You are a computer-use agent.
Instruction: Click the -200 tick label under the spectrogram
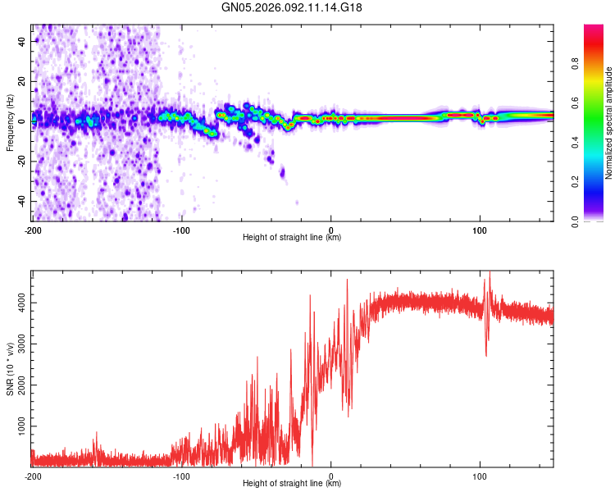[x=33, y=230]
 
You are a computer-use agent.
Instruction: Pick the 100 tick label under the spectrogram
[x=480, y=230]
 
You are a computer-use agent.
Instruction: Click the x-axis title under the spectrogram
[x=292, y=238]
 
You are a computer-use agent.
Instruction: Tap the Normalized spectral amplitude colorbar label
[x=609, y=123]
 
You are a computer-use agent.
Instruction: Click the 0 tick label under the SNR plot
[x=330, y=476]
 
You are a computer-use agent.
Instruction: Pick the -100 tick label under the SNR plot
[x=182, y=476]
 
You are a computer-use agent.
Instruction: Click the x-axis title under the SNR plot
[x=292, y=484]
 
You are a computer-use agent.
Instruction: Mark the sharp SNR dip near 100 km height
[x=486, y=354]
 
